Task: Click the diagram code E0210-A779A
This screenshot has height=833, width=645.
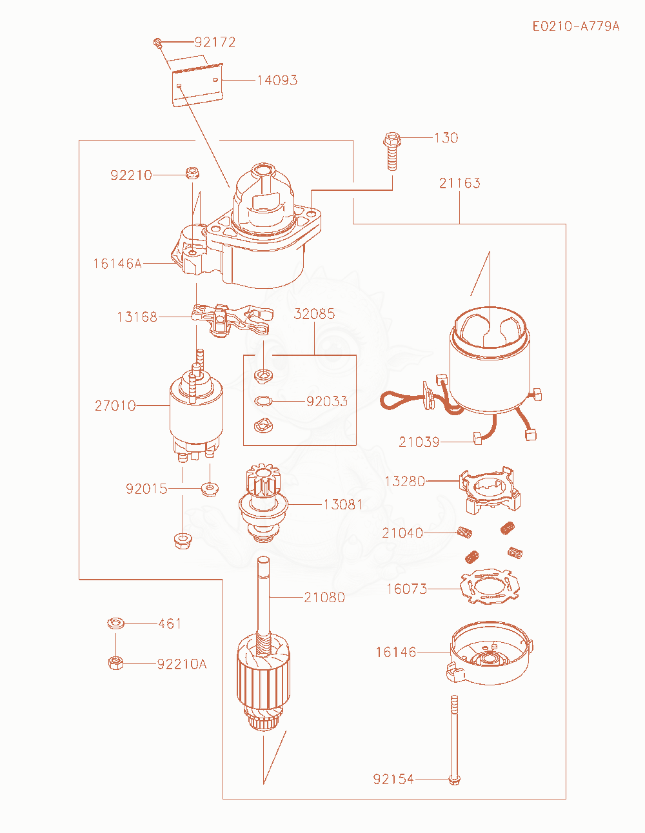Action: [x=576, y=26]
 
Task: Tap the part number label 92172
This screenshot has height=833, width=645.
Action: [x=215, y=42]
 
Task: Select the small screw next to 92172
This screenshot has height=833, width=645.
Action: [x=157, y=43]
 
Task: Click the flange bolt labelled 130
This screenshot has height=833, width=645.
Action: [x=392, y=151]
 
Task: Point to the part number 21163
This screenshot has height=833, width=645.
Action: [x=459, y=183]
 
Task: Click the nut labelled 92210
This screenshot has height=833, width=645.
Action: [x=192, y=173]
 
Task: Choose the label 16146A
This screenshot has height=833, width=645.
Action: [x=117, y=264]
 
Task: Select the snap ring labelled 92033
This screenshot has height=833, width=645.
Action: [x=263, y=402]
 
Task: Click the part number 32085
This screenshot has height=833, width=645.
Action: [x=314, y=314]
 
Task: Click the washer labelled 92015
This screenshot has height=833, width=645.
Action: [x=210, y=489]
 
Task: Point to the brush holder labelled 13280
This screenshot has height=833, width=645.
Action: [x=490, y=490]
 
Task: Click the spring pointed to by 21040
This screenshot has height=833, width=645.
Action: [x=464, y=532]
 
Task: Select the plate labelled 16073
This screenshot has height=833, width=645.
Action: [x=490, y=587]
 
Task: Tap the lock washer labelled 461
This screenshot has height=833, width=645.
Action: [x=115, y=623]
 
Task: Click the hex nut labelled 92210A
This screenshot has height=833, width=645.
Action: [x=115, y=663]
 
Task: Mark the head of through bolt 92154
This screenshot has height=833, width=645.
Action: [x=455, y=779]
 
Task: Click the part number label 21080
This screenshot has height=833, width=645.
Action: [x=324, y=597]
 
